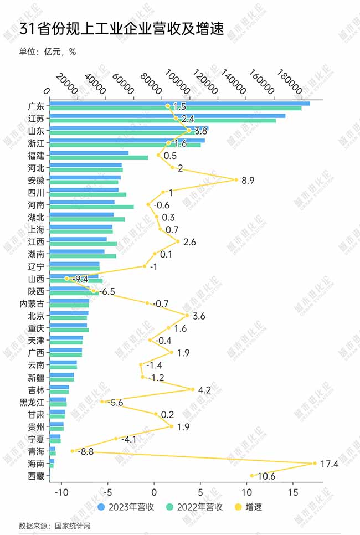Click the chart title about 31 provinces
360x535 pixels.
121,29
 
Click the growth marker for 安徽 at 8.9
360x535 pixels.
236,179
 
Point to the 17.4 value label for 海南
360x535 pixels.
329,464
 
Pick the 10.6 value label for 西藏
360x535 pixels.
266,476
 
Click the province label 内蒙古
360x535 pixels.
32,303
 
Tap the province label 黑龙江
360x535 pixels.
32,402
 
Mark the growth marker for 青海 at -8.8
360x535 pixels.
72,451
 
